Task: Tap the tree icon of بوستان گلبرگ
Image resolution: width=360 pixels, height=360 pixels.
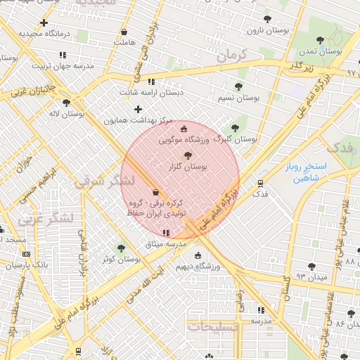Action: pyautogui.click(x=235, y=128)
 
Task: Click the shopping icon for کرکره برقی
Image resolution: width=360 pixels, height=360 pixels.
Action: pyautogui.click(x=155, y=192)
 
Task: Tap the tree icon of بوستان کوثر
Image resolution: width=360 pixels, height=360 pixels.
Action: pyautogui.click(x=121, y=248)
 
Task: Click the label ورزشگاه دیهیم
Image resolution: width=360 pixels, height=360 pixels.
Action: pyautogui.click(x=197, y=266)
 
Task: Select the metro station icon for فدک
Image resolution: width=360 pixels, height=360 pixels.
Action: pyautogui.click(x=260, y=182)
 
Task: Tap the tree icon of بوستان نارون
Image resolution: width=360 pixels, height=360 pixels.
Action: pyautogui.click(x=266, y=20)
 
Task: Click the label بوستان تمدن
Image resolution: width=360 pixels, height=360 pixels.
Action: pyautogui.click(x=320, y=51)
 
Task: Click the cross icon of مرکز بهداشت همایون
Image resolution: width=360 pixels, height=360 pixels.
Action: pyautogui.click(x=138, y=109)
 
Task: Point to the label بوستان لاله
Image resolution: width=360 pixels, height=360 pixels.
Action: pyautogui.click(x=67, y=112)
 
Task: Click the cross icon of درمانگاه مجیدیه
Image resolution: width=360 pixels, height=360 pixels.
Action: pyautogui.click(x=45, y=22)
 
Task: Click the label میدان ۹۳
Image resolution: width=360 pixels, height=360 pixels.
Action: pyautogui.click(x=312, y=277)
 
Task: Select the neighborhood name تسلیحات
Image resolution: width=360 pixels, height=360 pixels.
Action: pyautogui.click(x=213, y=327)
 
